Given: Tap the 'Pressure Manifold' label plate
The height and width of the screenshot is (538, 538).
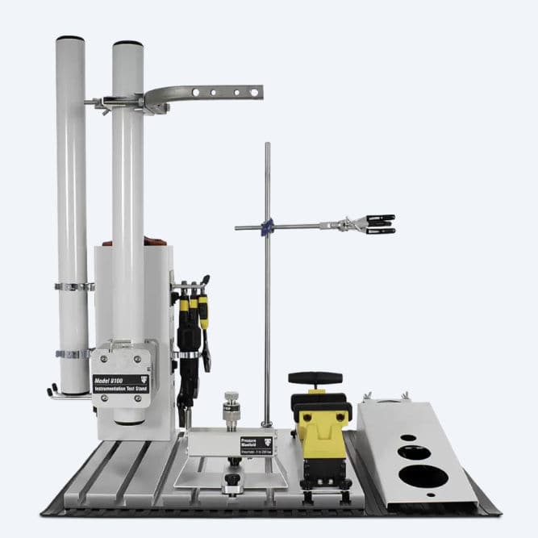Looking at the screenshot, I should click(252, 442).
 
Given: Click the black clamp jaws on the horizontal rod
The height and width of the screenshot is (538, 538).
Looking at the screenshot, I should click(378, 223).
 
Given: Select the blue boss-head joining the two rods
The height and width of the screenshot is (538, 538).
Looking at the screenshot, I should click(269, 226).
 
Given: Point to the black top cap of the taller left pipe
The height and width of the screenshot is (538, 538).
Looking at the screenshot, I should click(70, 38).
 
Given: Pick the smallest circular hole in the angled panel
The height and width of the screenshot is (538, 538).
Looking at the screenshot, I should click(409, 438).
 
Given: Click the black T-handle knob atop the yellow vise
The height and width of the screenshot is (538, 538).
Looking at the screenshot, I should click(315, 377).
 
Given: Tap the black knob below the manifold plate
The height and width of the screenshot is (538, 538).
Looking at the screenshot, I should click(232, 483).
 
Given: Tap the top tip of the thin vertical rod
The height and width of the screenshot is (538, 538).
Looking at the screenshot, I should click(267, 144).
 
